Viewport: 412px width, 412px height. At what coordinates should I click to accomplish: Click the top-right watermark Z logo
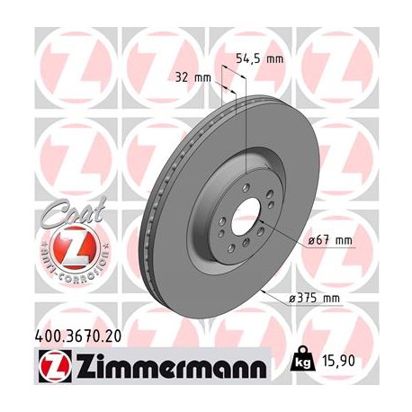(x=338, y=58)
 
